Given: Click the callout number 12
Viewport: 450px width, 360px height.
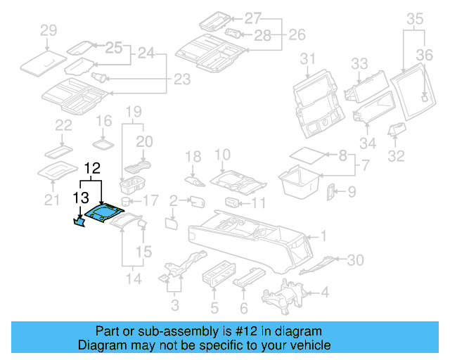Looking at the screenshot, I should point(93,169).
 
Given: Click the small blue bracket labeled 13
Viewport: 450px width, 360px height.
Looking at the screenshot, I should point(79,222).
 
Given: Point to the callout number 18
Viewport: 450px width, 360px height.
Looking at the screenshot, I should point(193,156).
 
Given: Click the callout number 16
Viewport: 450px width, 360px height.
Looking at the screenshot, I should point(103,121).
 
